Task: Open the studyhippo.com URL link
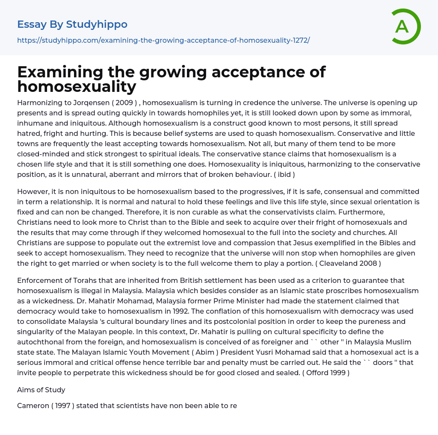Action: pyautogui.click(x=163, y=40)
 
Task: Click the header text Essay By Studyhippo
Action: pyautogui.click(x=72, y=24)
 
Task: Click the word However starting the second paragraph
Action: pyautogui.click(x=34, y=191)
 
